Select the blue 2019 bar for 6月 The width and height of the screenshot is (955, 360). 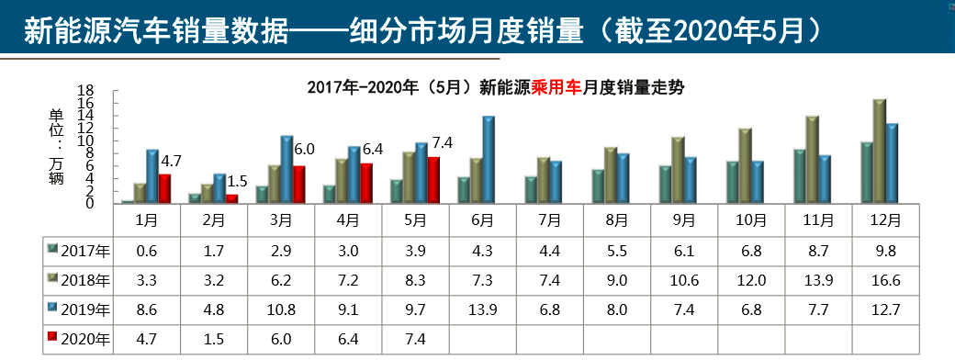489,160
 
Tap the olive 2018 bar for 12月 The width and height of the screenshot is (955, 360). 879,152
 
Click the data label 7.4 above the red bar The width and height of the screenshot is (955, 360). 443,143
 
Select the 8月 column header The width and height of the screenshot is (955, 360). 616,220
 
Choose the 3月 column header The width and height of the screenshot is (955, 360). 281,220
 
